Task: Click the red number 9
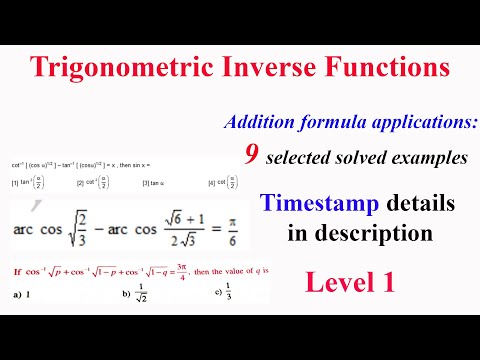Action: coord(252,153)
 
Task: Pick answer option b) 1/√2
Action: coord(134,295)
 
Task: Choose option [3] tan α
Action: coord(156,183)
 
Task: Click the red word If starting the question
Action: coord(17,272)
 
